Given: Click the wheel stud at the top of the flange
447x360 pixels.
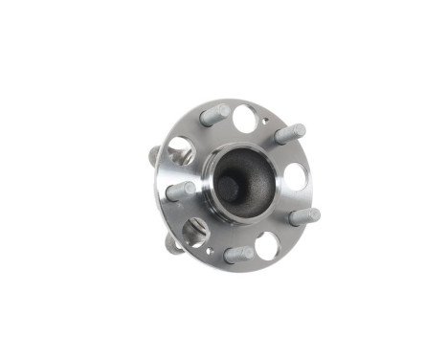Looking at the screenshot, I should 214,116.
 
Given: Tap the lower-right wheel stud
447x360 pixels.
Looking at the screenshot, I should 303,217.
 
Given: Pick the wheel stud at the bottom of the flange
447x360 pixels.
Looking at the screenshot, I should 237,255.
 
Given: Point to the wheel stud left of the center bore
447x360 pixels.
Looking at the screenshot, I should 181,191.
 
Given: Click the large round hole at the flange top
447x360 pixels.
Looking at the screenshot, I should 245,119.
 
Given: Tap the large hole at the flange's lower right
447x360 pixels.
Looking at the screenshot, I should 267,245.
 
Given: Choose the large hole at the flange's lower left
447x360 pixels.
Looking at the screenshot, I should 195,232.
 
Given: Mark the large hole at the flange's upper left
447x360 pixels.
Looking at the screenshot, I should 180,150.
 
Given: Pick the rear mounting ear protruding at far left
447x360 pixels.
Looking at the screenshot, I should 154,156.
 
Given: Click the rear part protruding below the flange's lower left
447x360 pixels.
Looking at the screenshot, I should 172,245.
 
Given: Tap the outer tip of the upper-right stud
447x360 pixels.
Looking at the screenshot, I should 300,129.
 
